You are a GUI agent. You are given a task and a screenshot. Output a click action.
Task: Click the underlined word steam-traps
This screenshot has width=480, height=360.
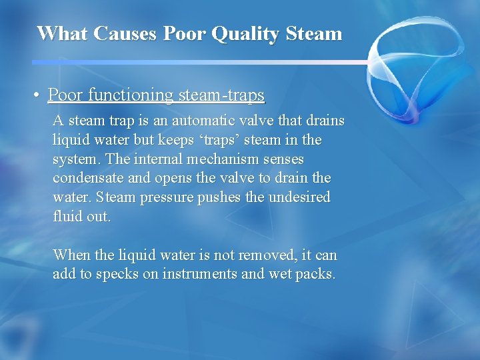click(221, 95)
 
